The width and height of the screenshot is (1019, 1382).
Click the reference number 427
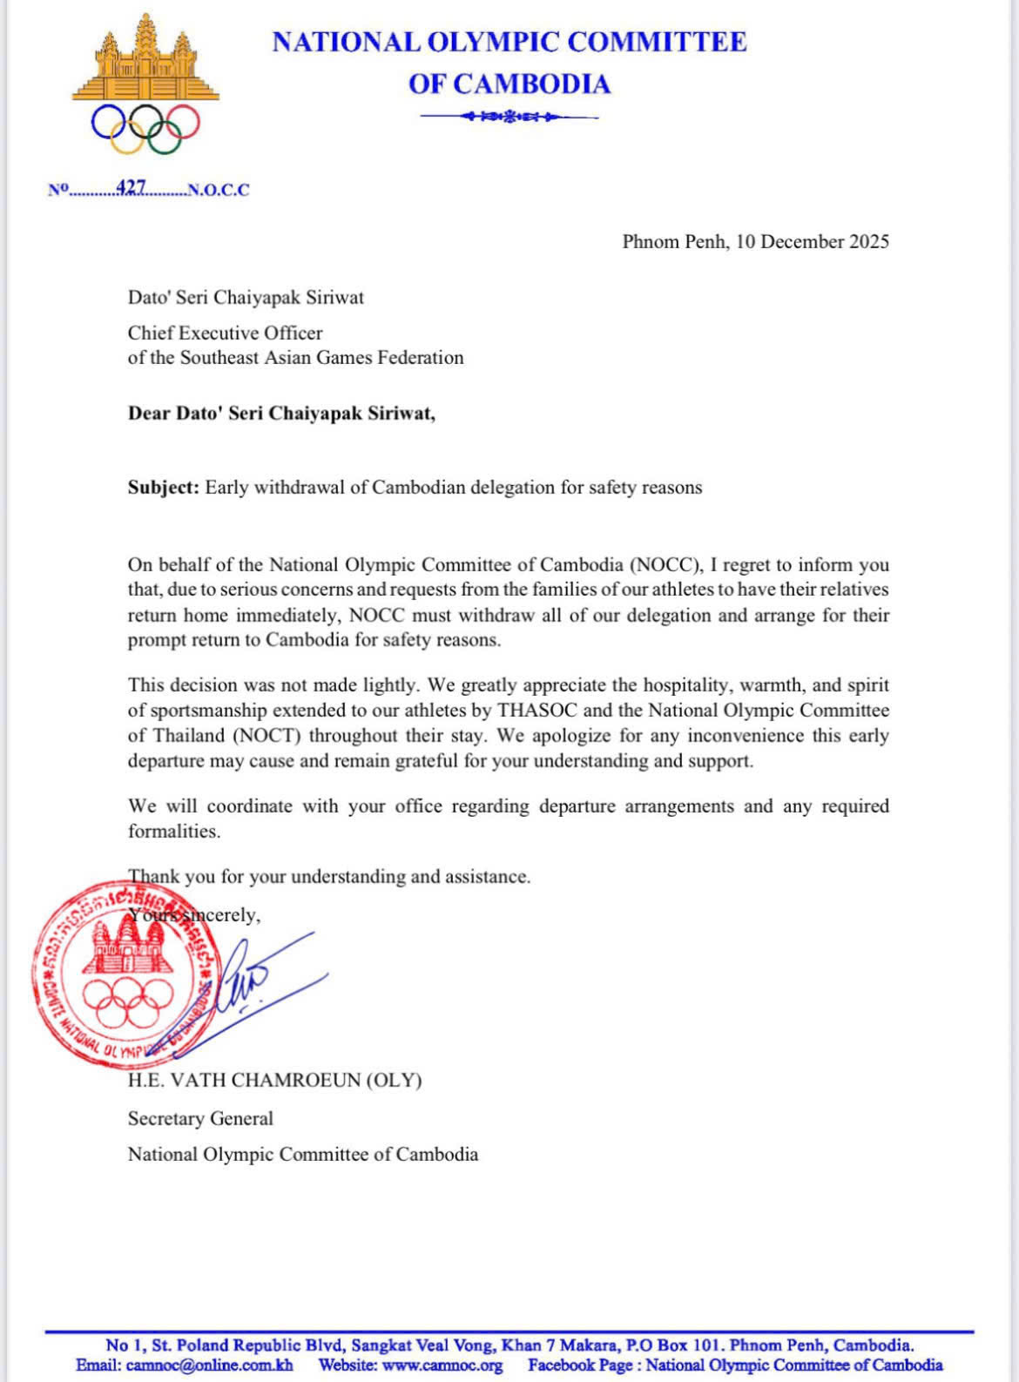tap(131, 187)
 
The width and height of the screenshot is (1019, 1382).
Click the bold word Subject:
tap(164, 487)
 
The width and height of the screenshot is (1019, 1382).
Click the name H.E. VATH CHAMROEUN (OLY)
tap(274, 1080)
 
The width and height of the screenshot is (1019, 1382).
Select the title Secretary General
tap(200, 1118)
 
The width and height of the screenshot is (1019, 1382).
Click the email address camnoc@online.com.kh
tap(209, 1365)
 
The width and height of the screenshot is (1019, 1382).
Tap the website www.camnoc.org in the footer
tap(442, 1365)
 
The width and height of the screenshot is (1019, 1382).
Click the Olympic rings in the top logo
tap(145, 127)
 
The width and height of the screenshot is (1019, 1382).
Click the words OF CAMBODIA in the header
tap(509, 84)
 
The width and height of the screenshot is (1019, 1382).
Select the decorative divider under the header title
tap(509, 116)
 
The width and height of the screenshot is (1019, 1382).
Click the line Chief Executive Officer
tap(225, 333)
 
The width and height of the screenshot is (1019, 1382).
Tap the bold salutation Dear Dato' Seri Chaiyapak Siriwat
tap(281, 413)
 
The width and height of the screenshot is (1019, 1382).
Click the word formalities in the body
tap(173, 831)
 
